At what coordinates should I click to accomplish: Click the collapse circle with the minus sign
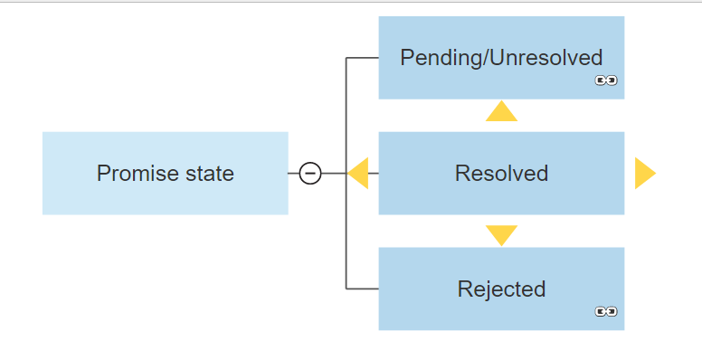coord(310,173)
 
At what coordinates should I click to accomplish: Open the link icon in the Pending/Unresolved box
coord(605,81)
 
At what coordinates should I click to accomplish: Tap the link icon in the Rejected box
coord(605,312)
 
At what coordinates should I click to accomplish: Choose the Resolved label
coord(501,173)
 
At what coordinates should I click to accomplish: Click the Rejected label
coord(501,289)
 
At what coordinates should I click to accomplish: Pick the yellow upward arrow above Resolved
coord(501,112)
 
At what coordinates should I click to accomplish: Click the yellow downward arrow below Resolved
coord(501,234)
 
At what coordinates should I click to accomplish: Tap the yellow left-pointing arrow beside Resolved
coord(359,173)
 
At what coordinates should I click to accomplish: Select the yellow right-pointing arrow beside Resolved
coord(643,173)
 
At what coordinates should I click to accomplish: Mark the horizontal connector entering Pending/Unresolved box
coord(362,58)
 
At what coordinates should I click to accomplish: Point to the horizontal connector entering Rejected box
coord(362,289)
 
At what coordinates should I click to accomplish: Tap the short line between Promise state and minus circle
coord(293,173)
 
